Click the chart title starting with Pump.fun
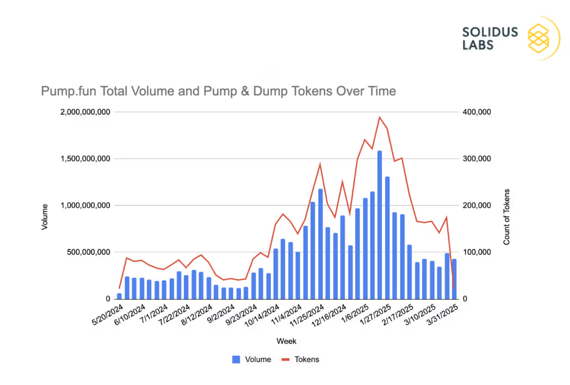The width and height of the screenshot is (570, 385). point(218,91)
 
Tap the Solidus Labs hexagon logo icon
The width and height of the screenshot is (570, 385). point(538,38)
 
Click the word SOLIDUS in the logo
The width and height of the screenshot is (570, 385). point(490,32)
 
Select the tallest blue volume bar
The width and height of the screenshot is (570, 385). point(380,225)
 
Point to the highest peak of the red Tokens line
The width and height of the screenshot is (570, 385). point(380,117)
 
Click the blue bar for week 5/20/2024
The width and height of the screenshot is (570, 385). point(119,296)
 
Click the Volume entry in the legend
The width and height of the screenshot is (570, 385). point(251,359)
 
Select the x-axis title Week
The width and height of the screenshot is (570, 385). point(286,341)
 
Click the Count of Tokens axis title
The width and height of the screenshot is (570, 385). point(506,216)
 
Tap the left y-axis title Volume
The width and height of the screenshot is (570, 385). point(45,216)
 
